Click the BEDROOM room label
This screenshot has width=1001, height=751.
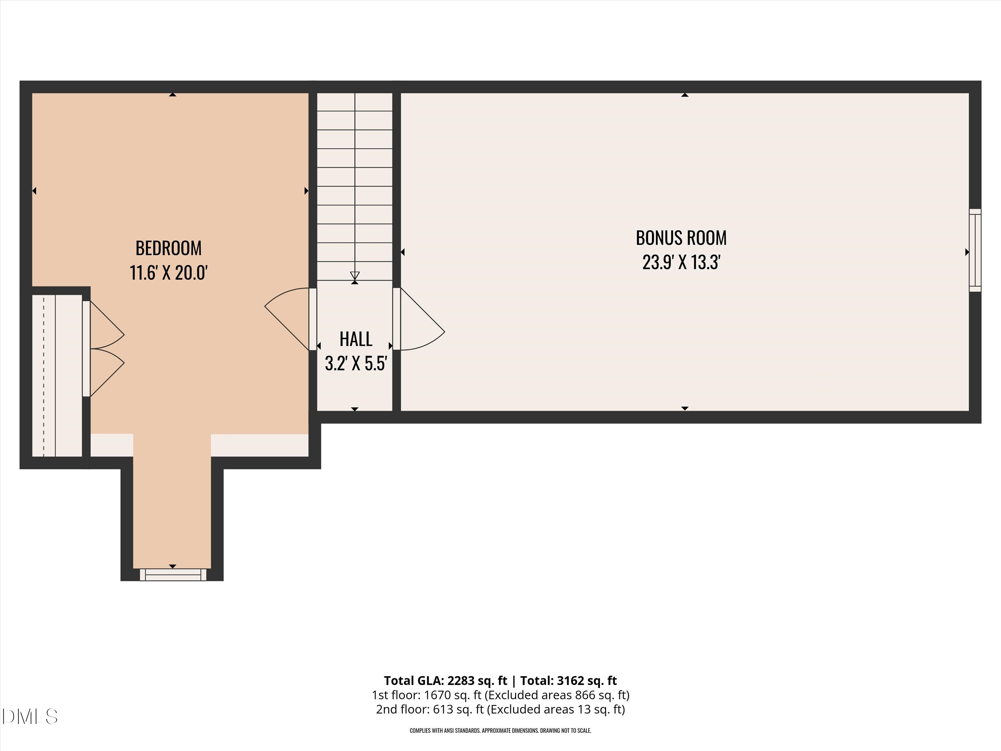pos(169,248)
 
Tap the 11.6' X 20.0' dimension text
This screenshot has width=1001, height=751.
pos(169,273)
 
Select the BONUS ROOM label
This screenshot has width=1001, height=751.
pos(681,238)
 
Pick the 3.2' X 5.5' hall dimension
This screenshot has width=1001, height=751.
pos(356,363)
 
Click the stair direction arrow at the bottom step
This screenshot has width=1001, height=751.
pos(355,276)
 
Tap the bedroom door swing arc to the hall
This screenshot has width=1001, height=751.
pos(285,317)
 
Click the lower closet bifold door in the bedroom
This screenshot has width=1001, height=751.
pos(107,372)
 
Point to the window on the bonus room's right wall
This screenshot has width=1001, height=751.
pos(975,250)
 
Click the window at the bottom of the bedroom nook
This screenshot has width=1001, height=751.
pos(173,574)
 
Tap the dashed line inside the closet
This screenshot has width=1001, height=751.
pos(44,376)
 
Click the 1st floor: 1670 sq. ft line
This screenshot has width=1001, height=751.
pos(500,695)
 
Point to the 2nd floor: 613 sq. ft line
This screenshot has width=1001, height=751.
pos(500,709)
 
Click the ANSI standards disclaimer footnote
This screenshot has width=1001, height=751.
pos(500,731)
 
